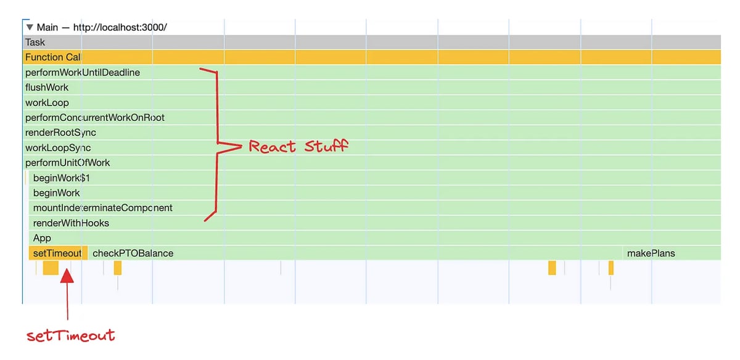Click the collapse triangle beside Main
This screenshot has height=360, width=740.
pos(30,27)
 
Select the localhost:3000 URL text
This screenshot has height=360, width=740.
pos(120,27)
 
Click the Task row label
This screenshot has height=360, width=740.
pos(35,43)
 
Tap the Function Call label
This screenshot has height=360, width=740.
pos(53,57)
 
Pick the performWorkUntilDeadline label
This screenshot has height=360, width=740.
pos(83,72)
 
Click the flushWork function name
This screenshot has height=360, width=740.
pos(47,88)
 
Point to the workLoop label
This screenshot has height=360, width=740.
pos(47,103)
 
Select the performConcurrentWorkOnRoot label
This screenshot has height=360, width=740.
pos(95,118)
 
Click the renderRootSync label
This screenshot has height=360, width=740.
pos(61,133)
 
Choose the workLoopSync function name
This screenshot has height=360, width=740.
pos(58,147)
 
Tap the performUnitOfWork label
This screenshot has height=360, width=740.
pos(68,163)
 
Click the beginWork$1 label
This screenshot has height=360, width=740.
pos(62,178)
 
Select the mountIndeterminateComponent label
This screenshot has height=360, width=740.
pos(103,208)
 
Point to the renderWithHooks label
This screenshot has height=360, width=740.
pos(71,223)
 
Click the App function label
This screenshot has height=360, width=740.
pos(42,238)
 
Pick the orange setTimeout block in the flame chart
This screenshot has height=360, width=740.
pos(58,253)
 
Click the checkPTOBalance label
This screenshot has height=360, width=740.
pos(133,253)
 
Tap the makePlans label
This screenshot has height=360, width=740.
pos(651,253)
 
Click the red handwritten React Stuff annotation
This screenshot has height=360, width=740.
pos(298,146)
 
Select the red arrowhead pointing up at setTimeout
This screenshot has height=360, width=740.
pos(67,276)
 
